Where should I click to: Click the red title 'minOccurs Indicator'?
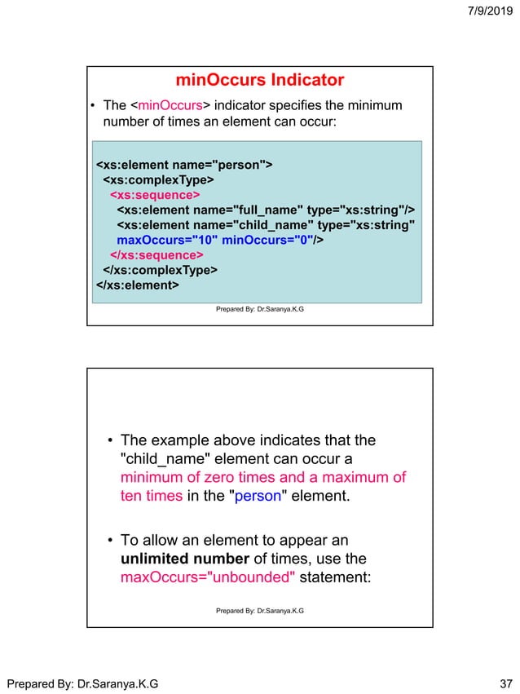click(260, 80)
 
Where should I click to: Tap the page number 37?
click(503, 681)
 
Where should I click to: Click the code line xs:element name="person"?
click(184, 166)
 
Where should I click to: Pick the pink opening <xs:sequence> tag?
click(155, 196)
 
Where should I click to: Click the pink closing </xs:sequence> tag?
click(156, 255)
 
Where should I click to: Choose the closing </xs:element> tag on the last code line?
click(137, 285)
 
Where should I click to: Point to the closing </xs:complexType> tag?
click(160, 271)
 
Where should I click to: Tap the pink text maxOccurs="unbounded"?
click(207, 578)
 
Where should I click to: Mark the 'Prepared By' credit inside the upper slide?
click(260, 309)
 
